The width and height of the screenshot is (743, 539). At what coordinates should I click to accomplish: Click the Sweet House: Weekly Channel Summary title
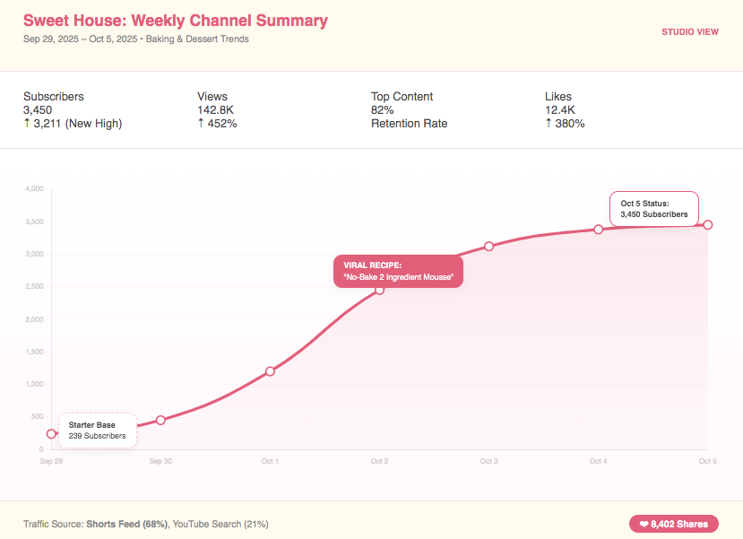[x=176, y=21]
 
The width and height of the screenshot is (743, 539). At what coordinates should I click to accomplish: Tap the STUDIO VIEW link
[x=690, y=32]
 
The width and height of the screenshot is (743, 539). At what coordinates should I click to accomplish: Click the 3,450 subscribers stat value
[x=38, y=109]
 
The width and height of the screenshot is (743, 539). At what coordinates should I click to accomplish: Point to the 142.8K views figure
[x=216, y=109]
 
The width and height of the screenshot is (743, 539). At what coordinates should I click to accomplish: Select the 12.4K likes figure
[x=559, y=109]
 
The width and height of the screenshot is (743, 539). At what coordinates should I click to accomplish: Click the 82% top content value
[x=383, y=109]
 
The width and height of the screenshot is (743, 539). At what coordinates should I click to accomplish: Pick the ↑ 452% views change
[x=217, y=123]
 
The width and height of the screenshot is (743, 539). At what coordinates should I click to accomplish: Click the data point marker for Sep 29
[x=51, y=434]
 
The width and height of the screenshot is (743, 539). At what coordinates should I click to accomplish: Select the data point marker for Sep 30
[x=160, y=420]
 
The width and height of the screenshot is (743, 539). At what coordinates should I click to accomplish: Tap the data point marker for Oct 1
[x=270, y=371]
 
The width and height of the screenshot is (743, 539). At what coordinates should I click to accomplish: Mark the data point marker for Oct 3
[x=488, y=246]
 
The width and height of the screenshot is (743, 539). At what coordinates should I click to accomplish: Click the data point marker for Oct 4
[x=598, y=230]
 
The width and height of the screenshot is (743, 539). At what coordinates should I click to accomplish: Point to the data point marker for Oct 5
[x=708, y=225]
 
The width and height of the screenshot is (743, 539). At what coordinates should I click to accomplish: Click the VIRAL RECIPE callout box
[x=398, y=272]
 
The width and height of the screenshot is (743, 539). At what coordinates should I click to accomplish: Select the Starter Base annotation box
[x=98, y=430]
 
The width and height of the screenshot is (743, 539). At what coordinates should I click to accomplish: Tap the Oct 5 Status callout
[x=653, y=209]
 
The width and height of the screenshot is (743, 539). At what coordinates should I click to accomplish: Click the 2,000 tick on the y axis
[x=33, y=319]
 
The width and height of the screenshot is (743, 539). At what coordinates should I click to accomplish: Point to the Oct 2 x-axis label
[x=379, y=462]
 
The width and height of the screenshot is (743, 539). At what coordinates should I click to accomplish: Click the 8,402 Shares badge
[x=673, y=524]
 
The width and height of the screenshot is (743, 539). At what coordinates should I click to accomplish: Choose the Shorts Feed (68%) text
[x=127, y=524]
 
